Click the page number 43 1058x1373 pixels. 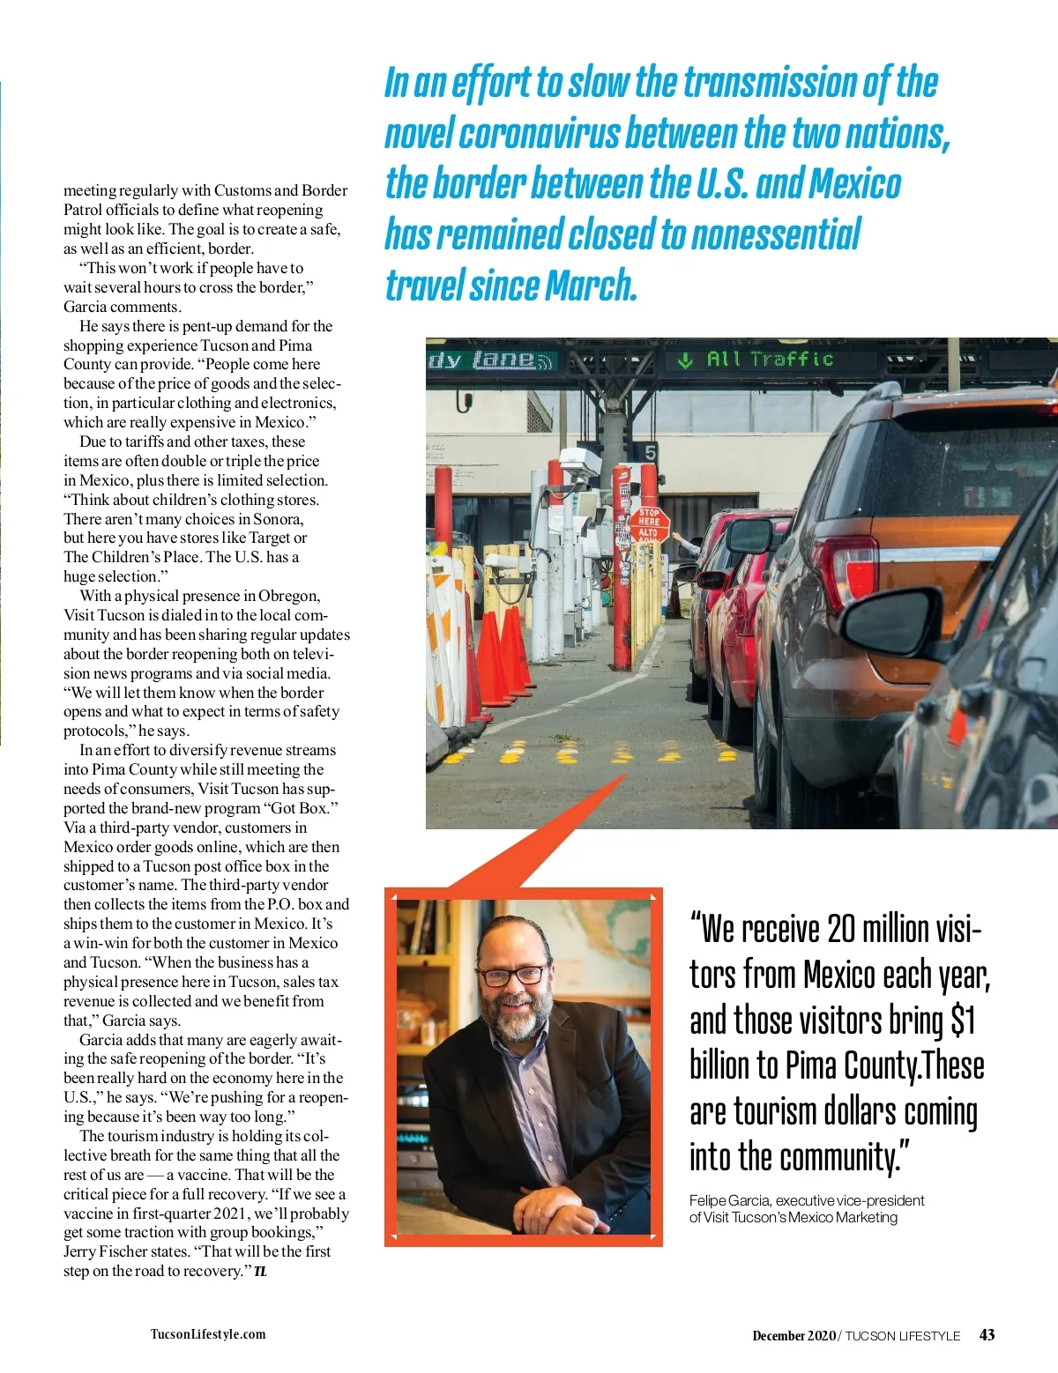[987, 1334]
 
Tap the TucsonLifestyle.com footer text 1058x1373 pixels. [208, 1334]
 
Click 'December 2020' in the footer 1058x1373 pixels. [793, 1335]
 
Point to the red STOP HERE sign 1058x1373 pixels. [649, 522]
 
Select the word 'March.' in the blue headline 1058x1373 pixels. [591, 286]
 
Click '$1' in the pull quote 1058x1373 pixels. [963, 1020]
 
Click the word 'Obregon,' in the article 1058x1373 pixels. [289, 596]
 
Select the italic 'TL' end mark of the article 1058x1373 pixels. [260, 1272]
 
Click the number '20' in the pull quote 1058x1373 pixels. [841, 929]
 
